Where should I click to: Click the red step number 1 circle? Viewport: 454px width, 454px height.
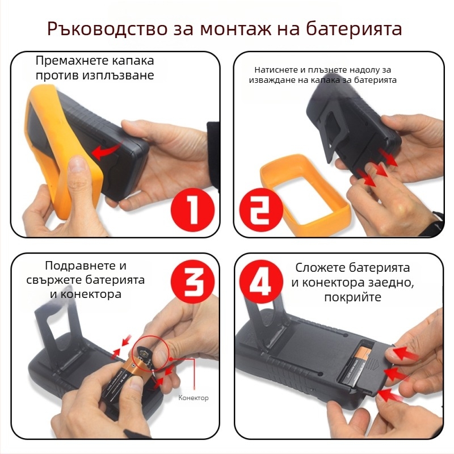coord(193,209)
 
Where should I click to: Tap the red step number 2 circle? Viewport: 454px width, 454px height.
coord(260,209)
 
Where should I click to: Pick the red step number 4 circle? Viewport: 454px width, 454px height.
coord(260,282)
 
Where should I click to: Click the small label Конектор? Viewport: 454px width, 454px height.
coord(194,398)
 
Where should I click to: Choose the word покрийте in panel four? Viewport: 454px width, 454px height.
coord(352,297)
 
